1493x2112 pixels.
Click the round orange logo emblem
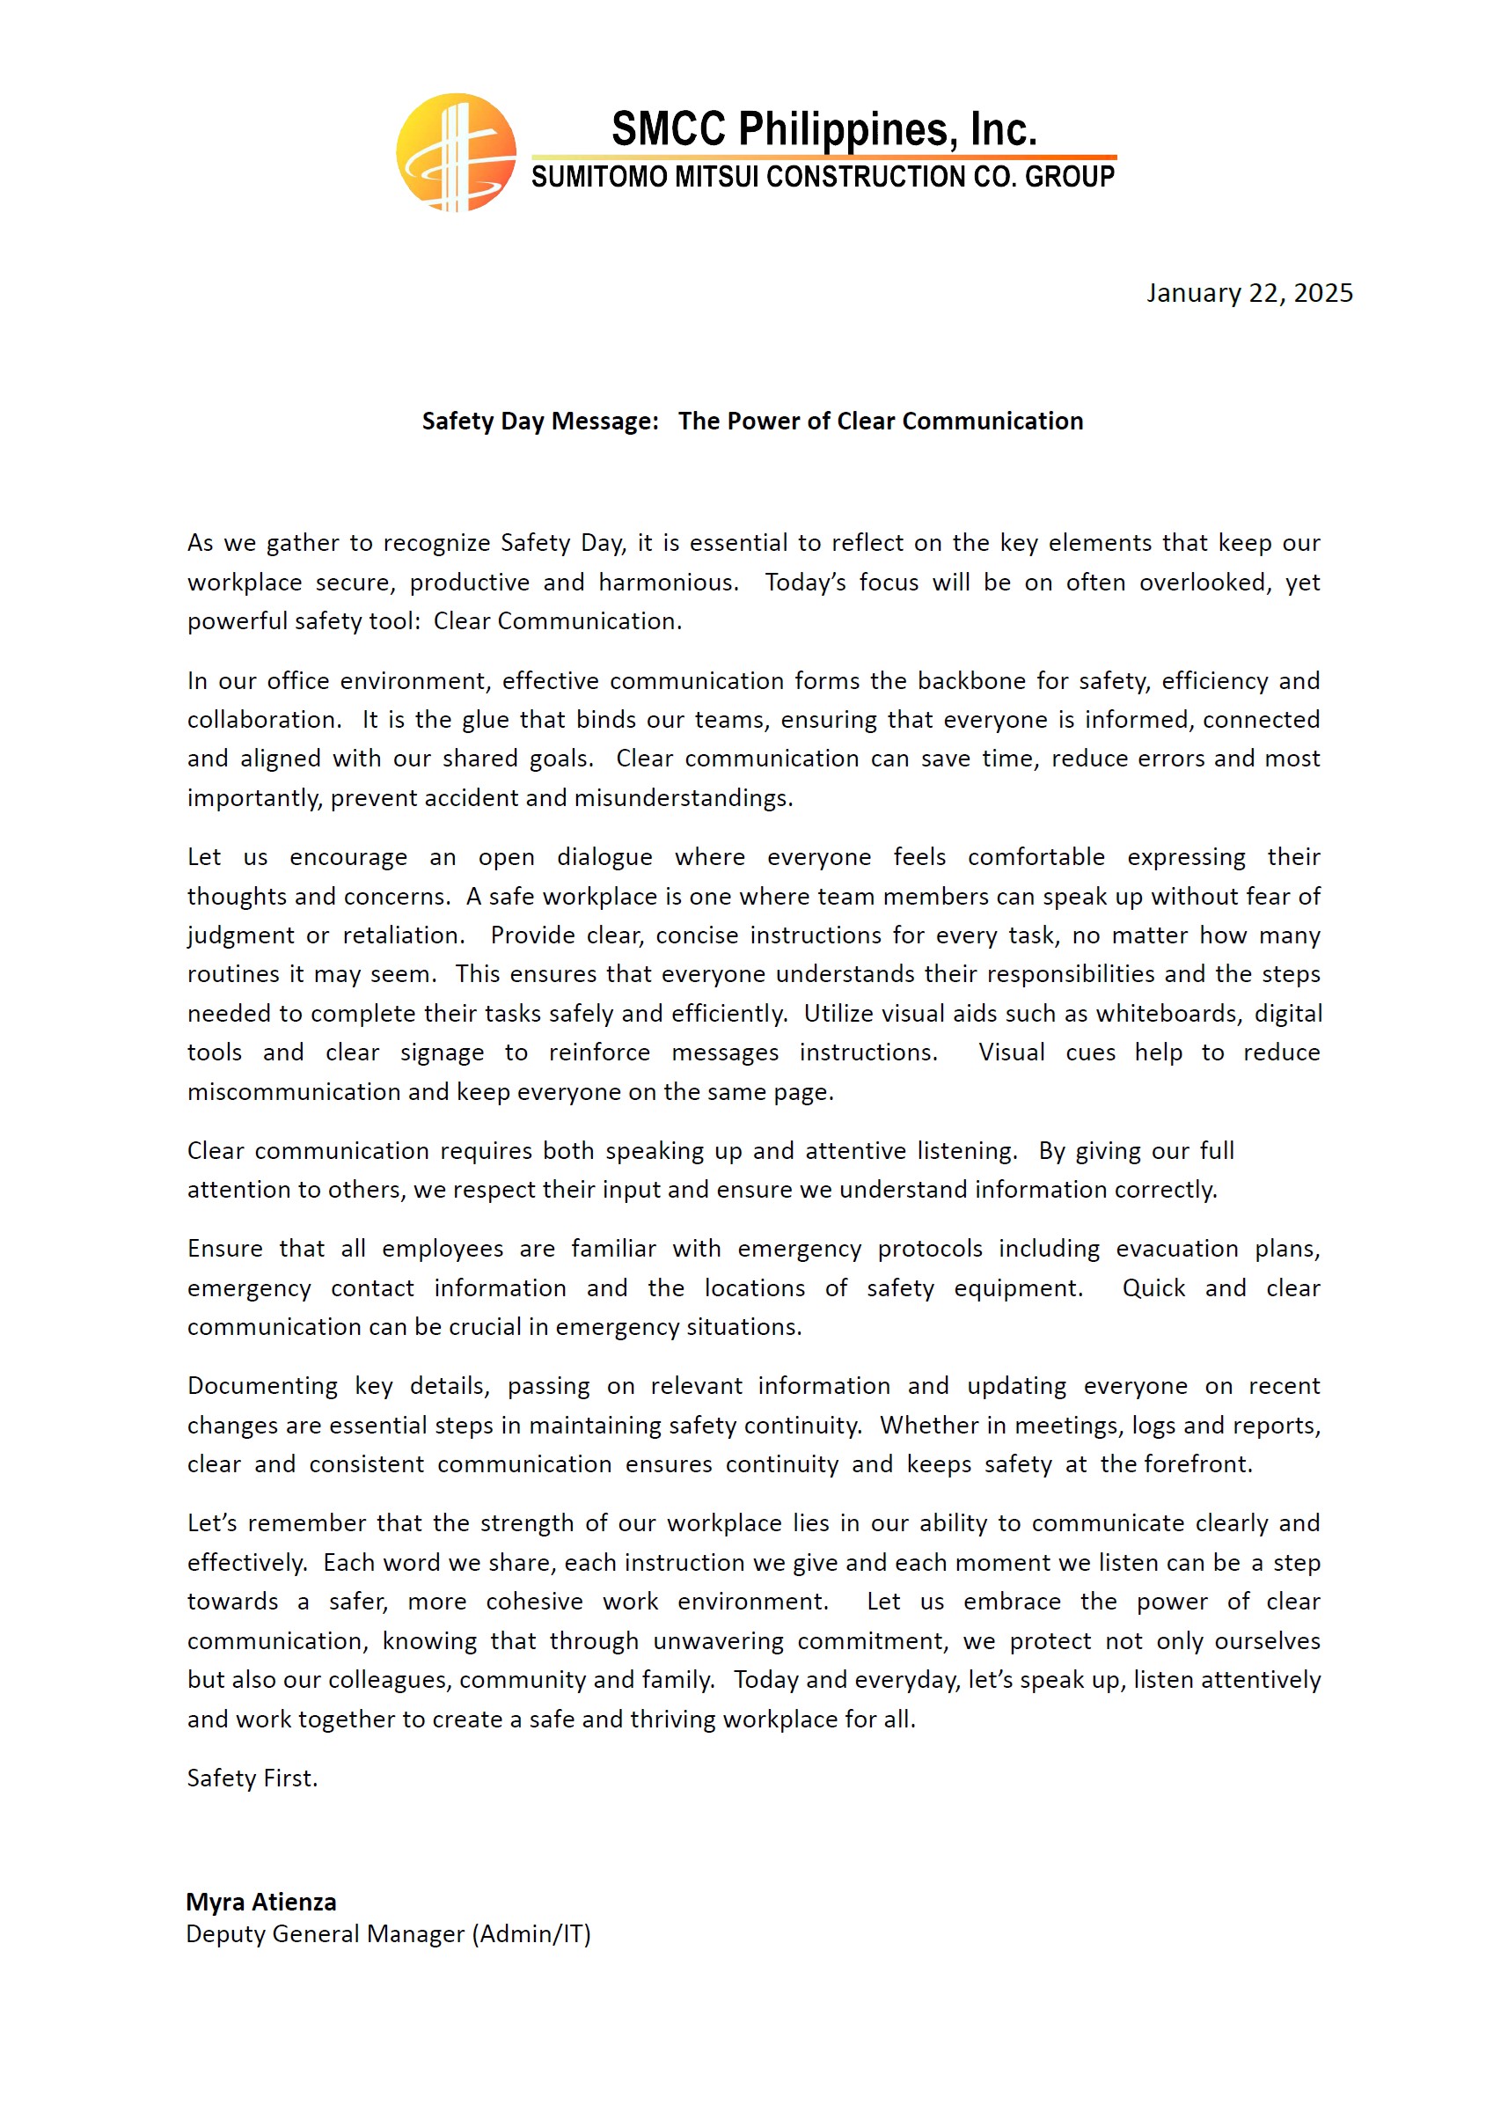(x=456, y=153)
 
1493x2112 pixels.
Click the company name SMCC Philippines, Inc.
(x=823, y=128)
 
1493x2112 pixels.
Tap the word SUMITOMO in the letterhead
(x=600, y=177)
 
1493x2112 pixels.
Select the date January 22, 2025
(x=1248, y=293)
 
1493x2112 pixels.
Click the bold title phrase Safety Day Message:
(x=540, y=422)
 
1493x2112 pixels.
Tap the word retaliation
(x=404, y=935)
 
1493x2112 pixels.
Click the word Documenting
(x=262, y=1386)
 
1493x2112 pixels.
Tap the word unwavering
(x=718, y=1641)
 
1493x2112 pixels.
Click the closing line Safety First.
(x=252, y=1778)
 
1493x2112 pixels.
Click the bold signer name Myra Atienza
(x=261, y=1903)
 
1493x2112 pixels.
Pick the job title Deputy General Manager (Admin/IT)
(x=388, y=1934)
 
